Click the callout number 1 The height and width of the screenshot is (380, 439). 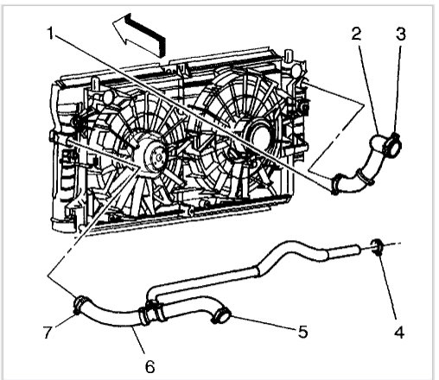coord(54,36)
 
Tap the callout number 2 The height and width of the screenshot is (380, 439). coord(355,35)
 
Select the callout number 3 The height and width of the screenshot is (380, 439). coord(401,35)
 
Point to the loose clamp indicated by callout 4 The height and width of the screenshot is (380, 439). coord(378,249)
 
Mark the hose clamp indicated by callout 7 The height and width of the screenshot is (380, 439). coord(81,304)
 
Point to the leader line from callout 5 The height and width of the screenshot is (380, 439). coord(264,323)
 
